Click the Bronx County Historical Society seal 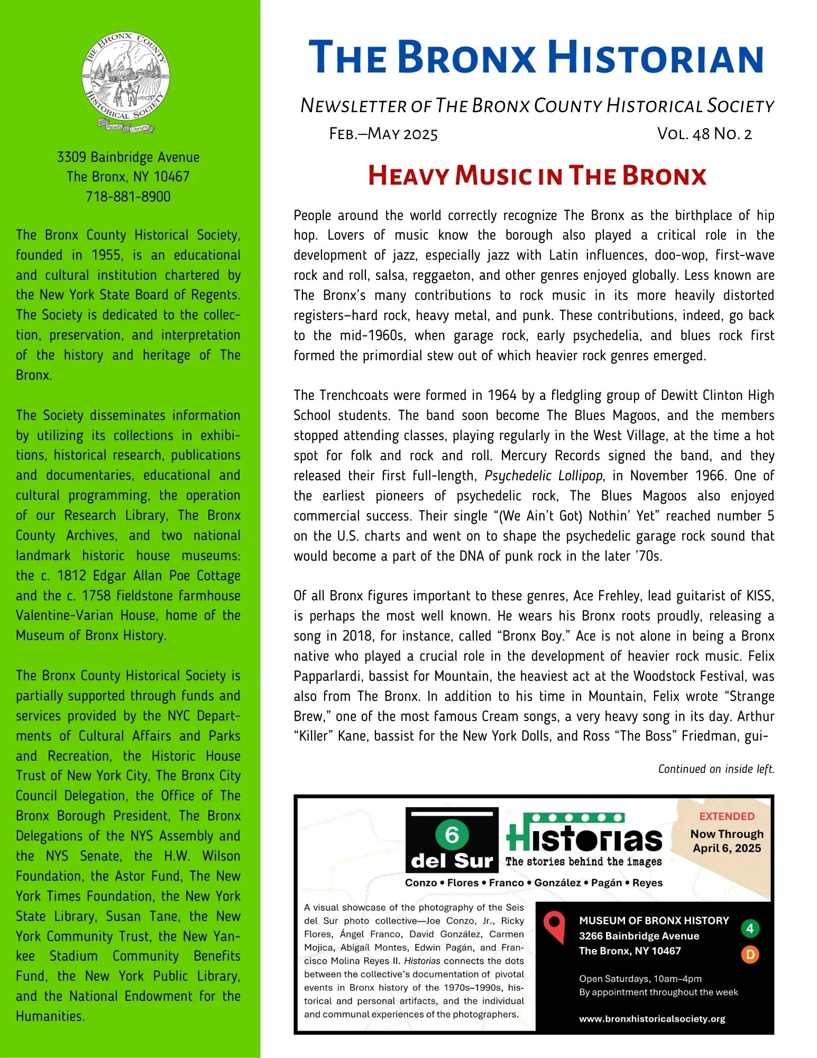[x=126, y=80]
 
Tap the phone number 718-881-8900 [x=128, y=197]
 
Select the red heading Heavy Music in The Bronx [x=537, y=176]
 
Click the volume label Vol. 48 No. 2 [x=704, y=134]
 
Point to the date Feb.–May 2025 [x=383, y=134]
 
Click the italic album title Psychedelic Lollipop [x=544, y=476]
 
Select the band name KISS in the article [x=760, y=596]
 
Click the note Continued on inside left [x=716, y=769]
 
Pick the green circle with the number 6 [x=452, y=835]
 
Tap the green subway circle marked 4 [x=749, y=928]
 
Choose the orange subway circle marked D [x=749, y=954]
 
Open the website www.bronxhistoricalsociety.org [x=652, y=1019]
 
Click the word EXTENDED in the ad [x=727, y=816]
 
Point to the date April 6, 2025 [x=727, y=849]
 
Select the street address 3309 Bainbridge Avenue [x=128, y=157]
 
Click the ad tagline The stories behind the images [x=583, y=862]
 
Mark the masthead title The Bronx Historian [x=536, y=58]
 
